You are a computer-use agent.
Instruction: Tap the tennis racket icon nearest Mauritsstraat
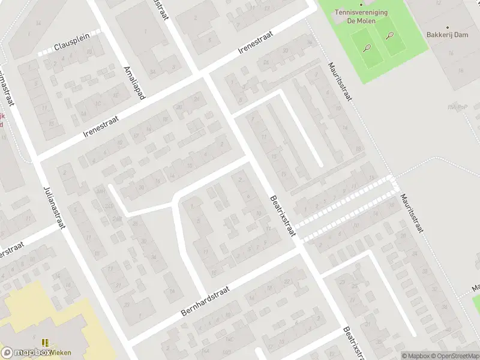point(367,47)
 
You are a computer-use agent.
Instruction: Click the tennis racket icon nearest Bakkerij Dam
point(390,35)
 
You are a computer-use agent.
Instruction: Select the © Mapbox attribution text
point(416,356)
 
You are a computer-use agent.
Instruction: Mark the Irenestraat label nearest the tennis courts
point(256,43)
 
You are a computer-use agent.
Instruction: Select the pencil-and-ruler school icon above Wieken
point(46,343)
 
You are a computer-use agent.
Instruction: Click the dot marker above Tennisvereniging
point(361,4)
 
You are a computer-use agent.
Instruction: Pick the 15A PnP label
point(457,107)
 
